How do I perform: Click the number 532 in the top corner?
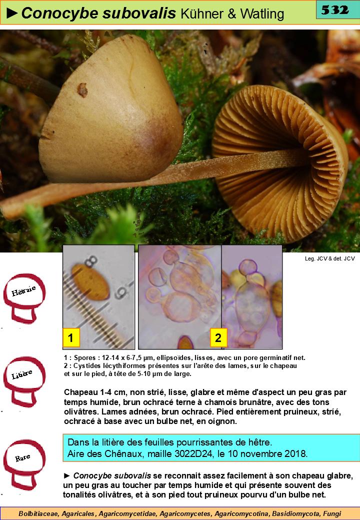click(x=335, y=10)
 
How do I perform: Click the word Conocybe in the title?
click(x=60, y=13)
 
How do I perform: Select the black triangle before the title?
click(x=12, y=13)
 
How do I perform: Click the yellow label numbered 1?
click(x=70, y=337)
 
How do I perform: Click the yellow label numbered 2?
click(x=218, y=337)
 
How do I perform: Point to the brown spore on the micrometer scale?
click(x=90, y=282)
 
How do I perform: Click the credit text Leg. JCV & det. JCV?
click(x=329, y=258)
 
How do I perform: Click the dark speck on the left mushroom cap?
click(x=82, y=90)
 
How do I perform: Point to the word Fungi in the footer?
click(x=332, y=513)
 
